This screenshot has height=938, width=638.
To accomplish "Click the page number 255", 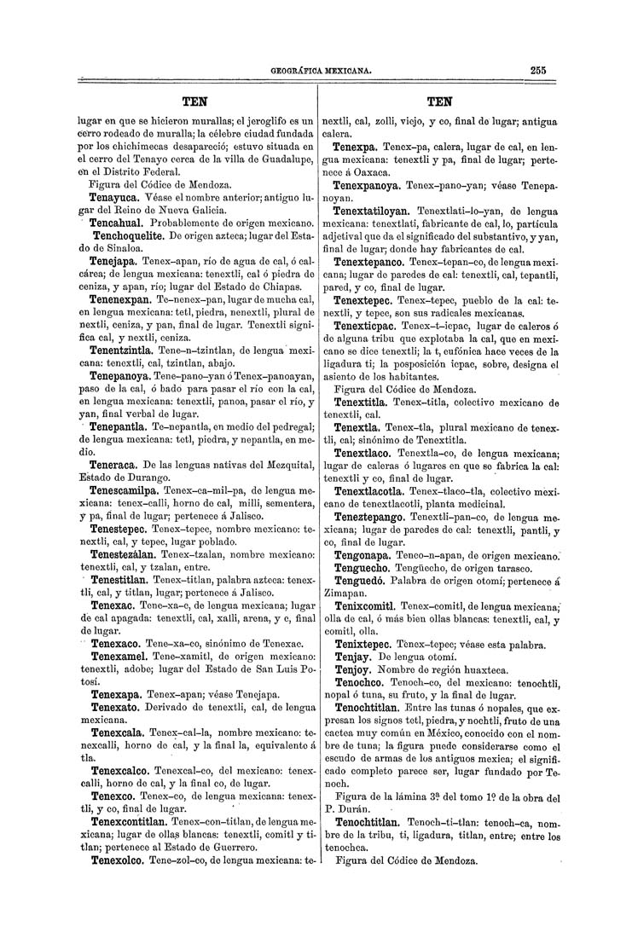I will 536,71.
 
